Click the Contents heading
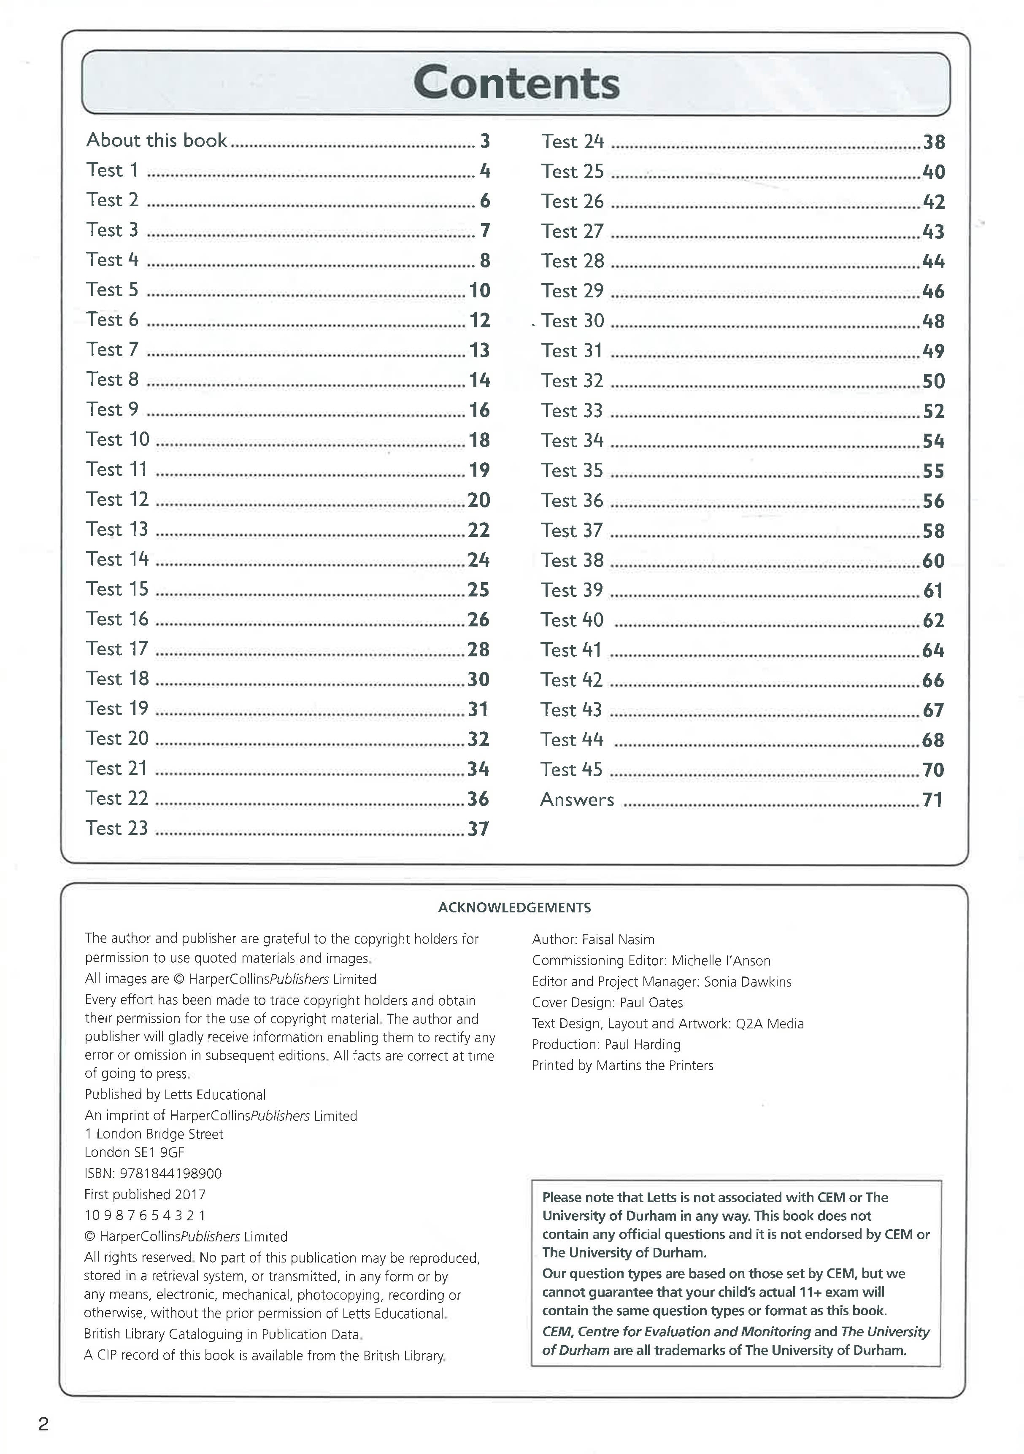[x=516, y=84]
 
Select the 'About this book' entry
[x=157, y=140]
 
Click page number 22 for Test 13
[x=479, y=530]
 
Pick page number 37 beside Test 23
[x=478, y=829]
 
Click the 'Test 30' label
[x=573, y=321]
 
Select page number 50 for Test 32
[x=933, y=381]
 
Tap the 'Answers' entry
[x=577, y=800]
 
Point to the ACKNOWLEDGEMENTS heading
[x=514, y=907]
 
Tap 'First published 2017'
[x=145, y=1194]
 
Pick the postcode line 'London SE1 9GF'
[x=134, y=1152]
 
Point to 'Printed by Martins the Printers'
[x=622, y=1065]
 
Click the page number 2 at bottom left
[x=43, y=1424]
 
